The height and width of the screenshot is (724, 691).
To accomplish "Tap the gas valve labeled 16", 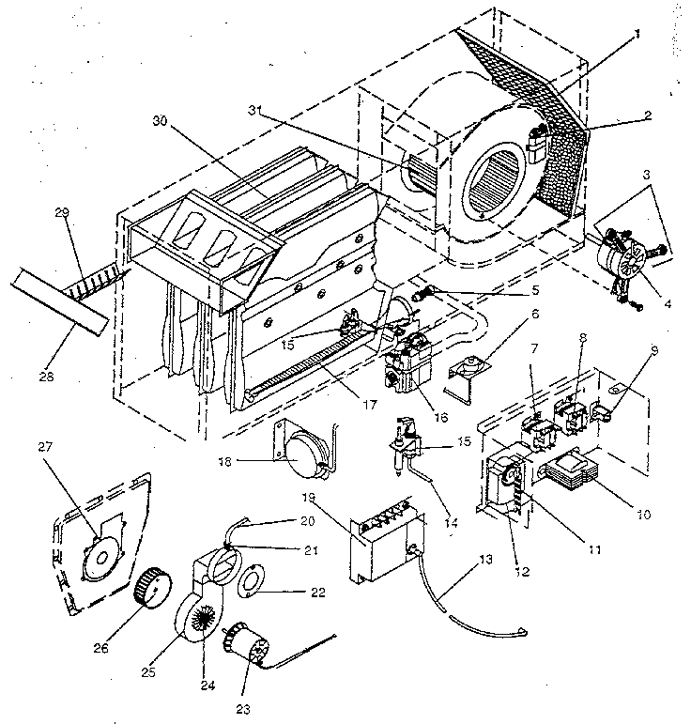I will click(407, 367).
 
